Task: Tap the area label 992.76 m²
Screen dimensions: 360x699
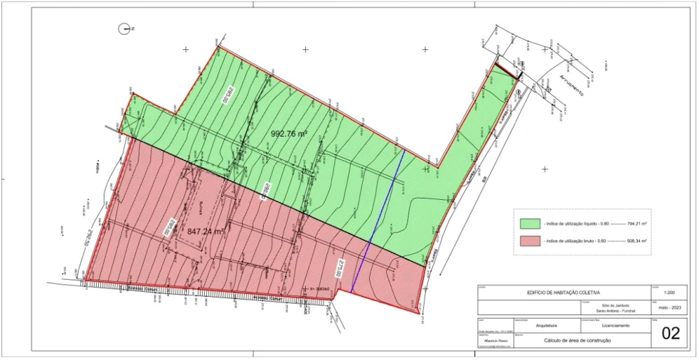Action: tap(289, 134)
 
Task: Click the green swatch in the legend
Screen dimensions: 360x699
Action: tap(530, 223)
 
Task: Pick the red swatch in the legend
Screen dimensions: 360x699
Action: tap(530, 240)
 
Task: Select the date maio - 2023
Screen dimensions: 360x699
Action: tap(669, 308)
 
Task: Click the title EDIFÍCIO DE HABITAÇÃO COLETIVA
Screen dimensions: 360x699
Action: tap(563, 292)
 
